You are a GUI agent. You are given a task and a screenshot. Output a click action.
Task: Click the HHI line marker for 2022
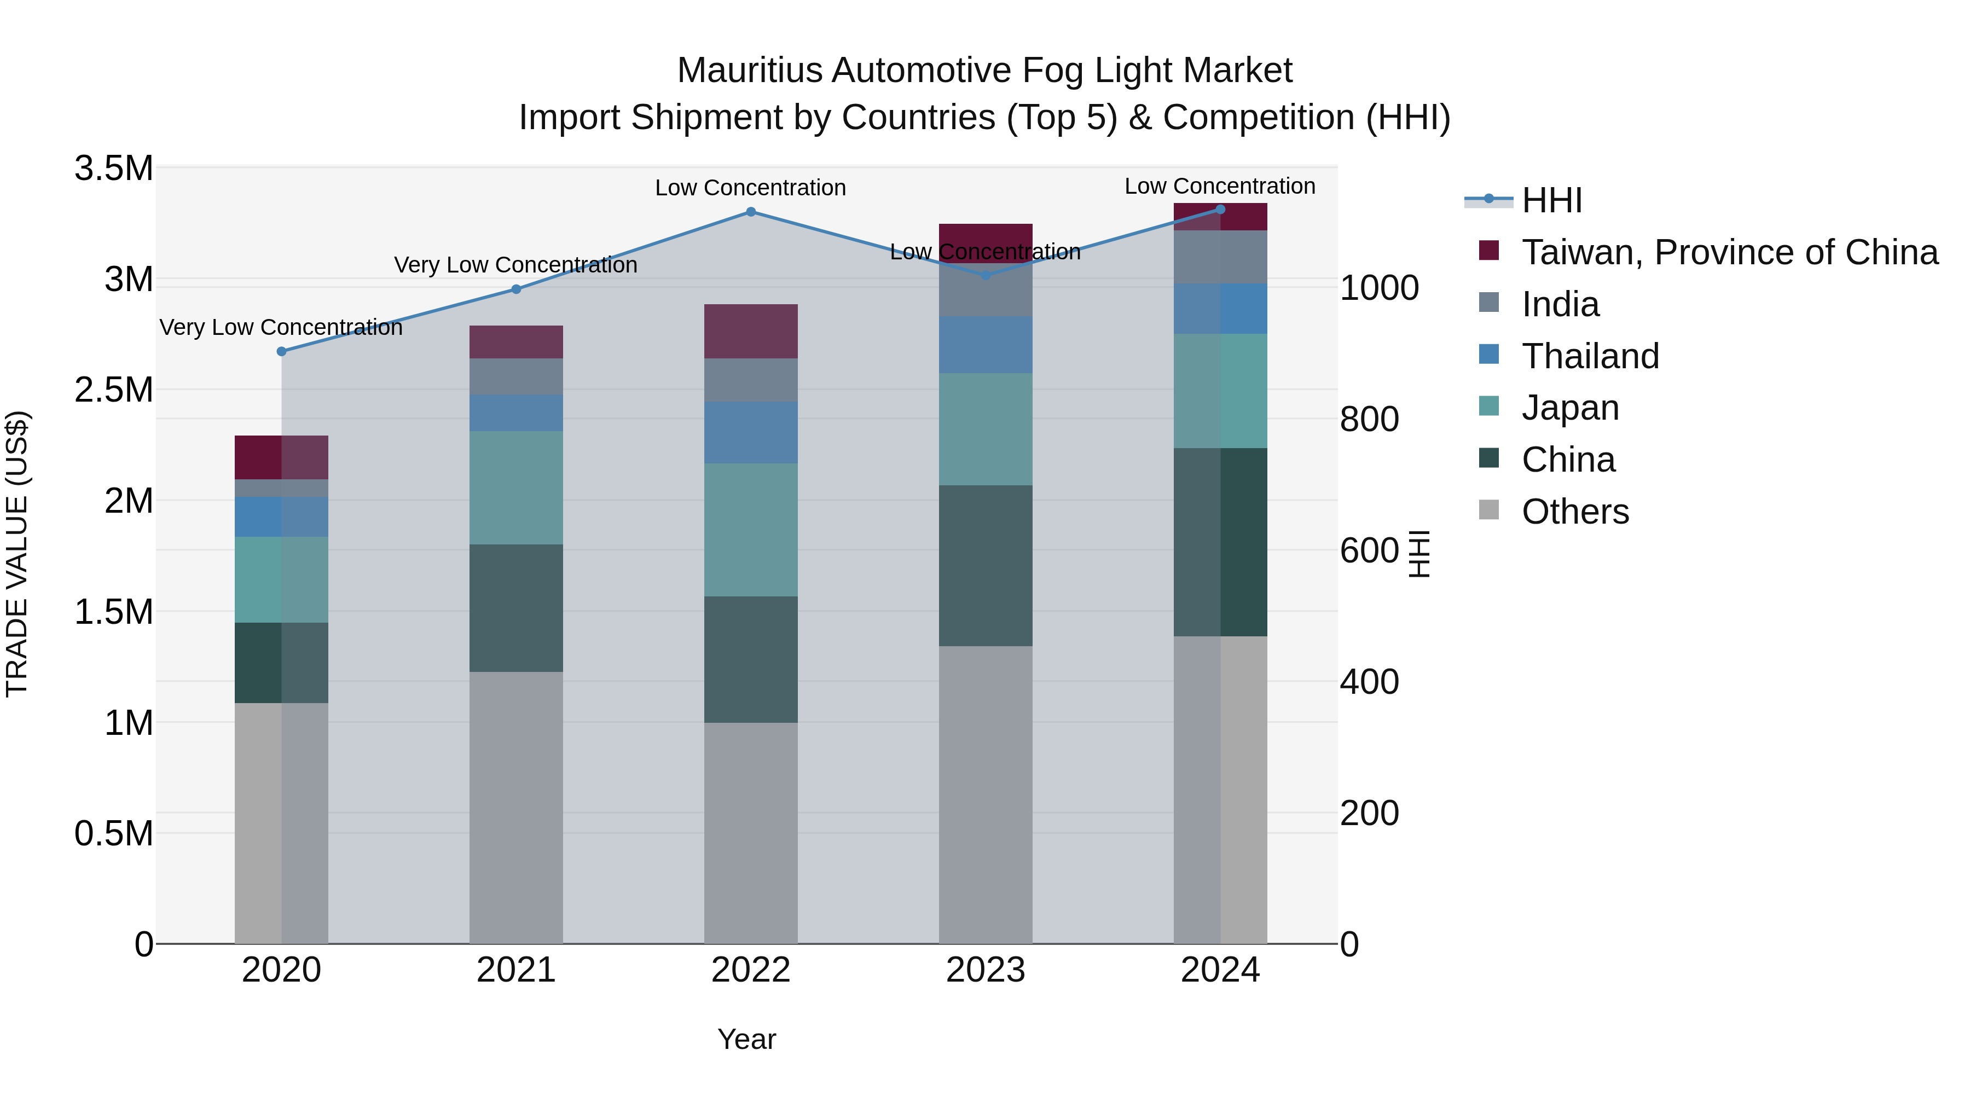750,212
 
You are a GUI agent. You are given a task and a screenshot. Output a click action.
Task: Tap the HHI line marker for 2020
281,351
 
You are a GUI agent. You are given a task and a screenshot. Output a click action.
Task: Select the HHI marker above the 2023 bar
985,275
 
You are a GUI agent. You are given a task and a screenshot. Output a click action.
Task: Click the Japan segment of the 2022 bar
750,529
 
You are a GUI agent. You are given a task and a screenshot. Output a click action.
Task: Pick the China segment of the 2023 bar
985,565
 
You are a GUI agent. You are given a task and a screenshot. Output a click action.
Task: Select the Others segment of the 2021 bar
515,807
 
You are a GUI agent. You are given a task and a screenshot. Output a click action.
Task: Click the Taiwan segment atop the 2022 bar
750,331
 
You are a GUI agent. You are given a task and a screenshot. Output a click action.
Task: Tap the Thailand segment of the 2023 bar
985,344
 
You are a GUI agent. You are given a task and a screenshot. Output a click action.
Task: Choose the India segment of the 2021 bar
515,376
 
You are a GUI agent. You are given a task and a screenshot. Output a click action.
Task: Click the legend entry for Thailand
1589,356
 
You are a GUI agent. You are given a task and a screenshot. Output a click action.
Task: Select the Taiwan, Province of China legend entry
1728,252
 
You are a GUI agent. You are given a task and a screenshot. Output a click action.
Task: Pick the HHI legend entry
1551,200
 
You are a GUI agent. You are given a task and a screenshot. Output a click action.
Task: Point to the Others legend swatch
1488,510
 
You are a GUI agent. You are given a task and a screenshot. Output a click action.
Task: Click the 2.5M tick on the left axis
113,390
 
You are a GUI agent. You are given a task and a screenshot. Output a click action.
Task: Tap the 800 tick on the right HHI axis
1369,419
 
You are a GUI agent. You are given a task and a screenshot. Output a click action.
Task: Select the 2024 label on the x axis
1220,970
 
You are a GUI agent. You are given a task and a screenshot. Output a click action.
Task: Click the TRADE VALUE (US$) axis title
17,554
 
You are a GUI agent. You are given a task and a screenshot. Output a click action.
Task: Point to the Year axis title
746,1039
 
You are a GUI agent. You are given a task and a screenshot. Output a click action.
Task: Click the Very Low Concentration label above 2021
515,265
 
